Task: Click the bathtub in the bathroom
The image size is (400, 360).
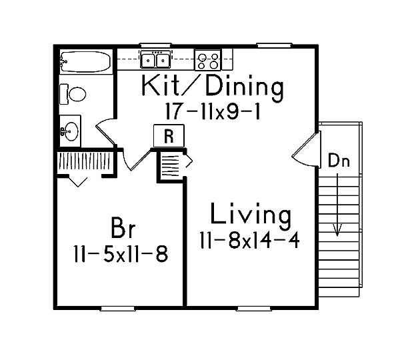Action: [x=86, y=62]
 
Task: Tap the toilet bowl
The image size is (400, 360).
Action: [x=77, y=94]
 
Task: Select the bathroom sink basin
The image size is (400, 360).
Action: [x=71, y=131]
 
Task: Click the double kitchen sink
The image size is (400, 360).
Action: [x=155, y=59]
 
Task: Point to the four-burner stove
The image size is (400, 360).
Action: [x=207, y=60]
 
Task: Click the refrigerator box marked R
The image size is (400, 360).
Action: [x=169, y=136]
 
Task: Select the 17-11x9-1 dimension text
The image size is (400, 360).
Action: [x=213, y=111]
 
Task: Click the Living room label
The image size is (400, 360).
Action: [x=250, y=217]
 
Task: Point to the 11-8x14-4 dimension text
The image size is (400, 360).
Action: [x=249, y=240]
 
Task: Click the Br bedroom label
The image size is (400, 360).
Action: [x=123, y=227]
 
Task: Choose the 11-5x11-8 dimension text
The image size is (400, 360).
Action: [x=121, y=254]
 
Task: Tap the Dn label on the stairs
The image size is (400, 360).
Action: [x=339, y=161]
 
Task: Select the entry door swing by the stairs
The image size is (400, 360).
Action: [x=306, y=149]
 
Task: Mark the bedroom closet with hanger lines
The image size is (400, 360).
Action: [x=85, y=162]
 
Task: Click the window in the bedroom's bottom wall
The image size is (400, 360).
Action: [x=117, y=309]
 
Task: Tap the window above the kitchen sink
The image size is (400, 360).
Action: [x=155, y=45]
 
